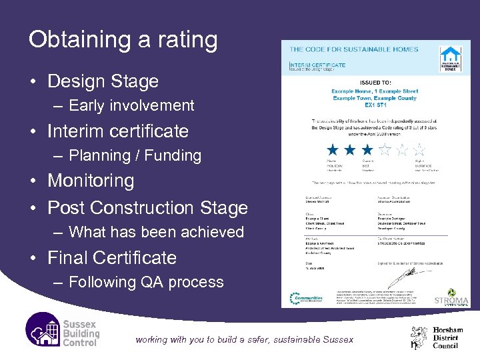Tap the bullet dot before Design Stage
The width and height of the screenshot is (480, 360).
[x=33, y=82]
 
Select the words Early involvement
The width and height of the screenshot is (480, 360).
[x=131, y=105]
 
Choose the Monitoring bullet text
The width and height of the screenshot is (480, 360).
[x=91, y=181]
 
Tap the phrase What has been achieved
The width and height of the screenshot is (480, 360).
[x=157, y=232]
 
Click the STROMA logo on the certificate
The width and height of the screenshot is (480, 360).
[x=451, y=297]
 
